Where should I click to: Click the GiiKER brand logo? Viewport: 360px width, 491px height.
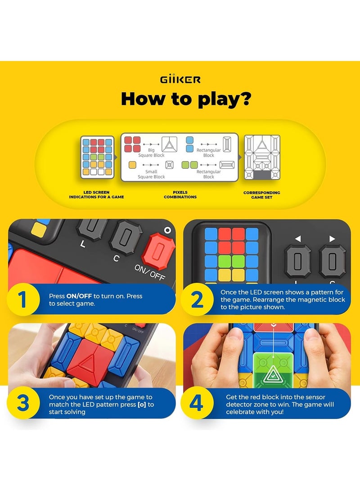coord(180,80)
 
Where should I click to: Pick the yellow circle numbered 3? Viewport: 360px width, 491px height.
coord(22,404)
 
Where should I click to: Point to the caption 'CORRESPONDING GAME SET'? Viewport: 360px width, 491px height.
coord(262,195)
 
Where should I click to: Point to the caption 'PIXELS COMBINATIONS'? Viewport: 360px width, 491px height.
coord(180,195)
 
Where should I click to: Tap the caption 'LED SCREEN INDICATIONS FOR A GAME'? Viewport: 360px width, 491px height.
coord(96,195)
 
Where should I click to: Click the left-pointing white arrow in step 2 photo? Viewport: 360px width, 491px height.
coord(297,239)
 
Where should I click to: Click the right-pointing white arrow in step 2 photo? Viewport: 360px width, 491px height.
coord(333,239)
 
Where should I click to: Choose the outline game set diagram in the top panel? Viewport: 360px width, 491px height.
coord(262,157)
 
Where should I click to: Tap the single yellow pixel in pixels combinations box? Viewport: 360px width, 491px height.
coord(132,165)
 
